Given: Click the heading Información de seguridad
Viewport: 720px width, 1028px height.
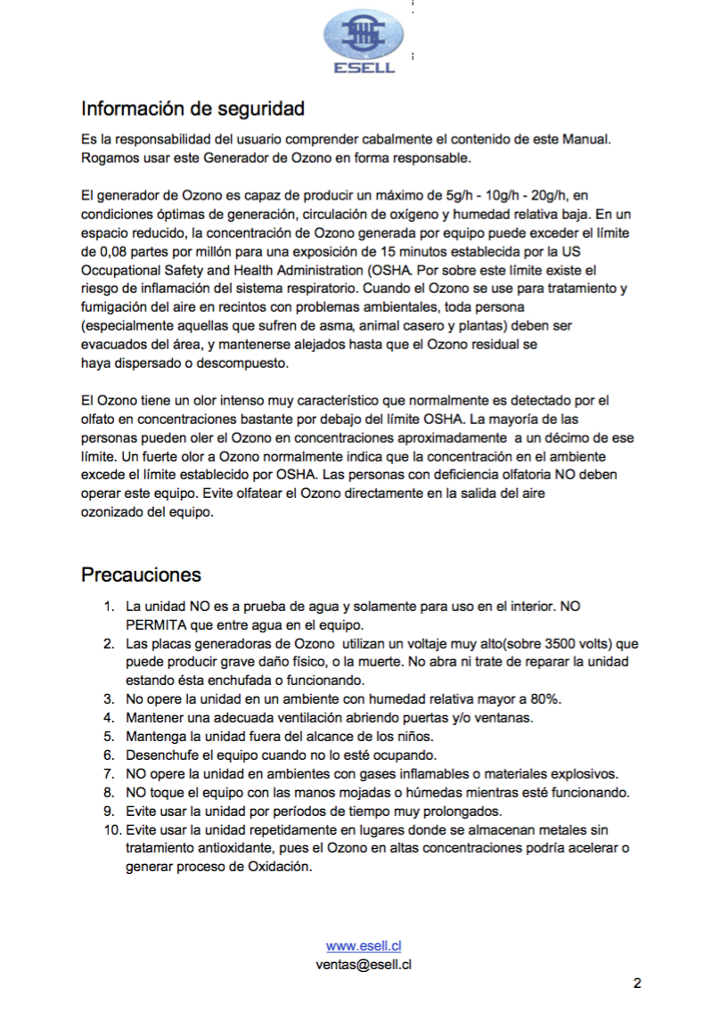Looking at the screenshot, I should click(x=192, y=109).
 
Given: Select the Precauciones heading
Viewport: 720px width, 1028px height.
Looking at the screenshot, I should click(x=141, y=575).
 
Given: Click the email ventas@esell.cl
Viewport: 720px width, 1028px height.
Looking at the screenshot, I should click(x=363, y=964).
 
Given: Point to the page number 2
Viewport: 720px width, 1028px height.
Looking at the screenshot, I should click(x=637, y=983).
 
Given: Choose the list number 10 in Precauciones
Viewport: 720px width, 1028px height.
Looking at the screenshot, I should click(x=111, y=829).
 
